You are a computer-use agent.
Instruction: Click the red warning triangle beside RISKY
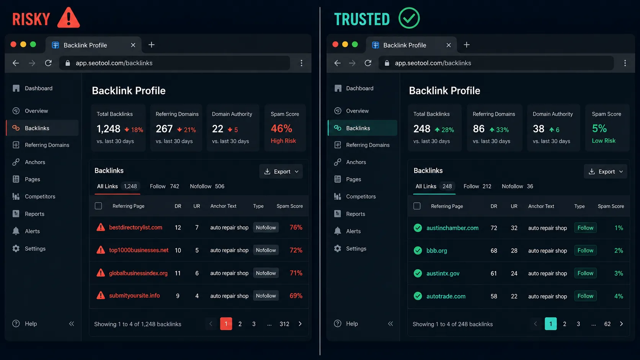pyautogui.click(x=69, y=18)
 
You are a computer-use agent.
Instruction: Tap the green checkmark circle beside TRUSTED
pyautogui.click(x=409, y=18)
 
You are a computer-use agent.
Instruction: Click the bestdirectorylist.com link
pyautogui.click(x=136, y=227)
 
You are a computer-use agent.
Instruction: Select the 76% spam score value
pyautogui.click(x=296, y=227)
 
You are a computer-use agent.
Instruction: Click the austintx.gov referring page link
pyautogui.click(x=443, y=273)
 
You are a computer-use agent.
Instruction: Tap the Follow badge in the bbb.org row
pyautogui.click(x=585, y=250)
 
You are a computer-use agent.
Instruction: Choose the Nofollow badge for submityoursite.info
pyautogui.click(x=266, y=296)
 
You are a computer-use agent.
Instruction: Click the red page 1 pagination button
pyautogui.click(x=226, y=324)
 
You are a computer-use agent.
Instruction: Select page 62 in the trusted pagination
pyautogui.click(x=607, y=324)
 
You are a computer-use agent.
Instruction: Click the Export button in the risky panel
pyautogui.click(x=281, y=171)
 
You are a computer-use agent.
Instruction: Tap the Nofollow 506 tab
pyautogui.click(x=207, y=186)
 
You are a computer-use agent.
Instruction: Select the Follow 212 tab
pyautogui.click(x=477, y=186)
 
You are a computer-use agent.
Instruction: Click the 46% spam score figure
pyautogui.click(x=281, y=129)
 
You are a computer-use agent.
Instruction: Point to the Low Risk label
pyautogui.click(x=604, y=141)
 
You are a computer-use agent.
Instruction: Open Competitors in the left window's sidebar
pyautogui.click(x=40, y=196)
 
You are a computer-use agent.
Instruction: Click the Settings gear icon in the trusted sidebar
pyautogui.click(x=338, y=248)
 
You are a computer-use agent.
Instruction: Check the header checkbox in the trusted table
pyautogui.click(x=417, y=206)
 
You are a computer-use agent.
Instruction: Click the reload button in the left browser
pyautogui.click(x=48, y=63)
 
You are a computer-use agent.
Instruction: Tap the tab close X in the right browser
pyautogui.click(x=449, y=45)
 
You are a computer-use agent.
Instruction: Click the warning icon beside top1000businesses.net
pyautogui.click(x=101, y=250)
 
